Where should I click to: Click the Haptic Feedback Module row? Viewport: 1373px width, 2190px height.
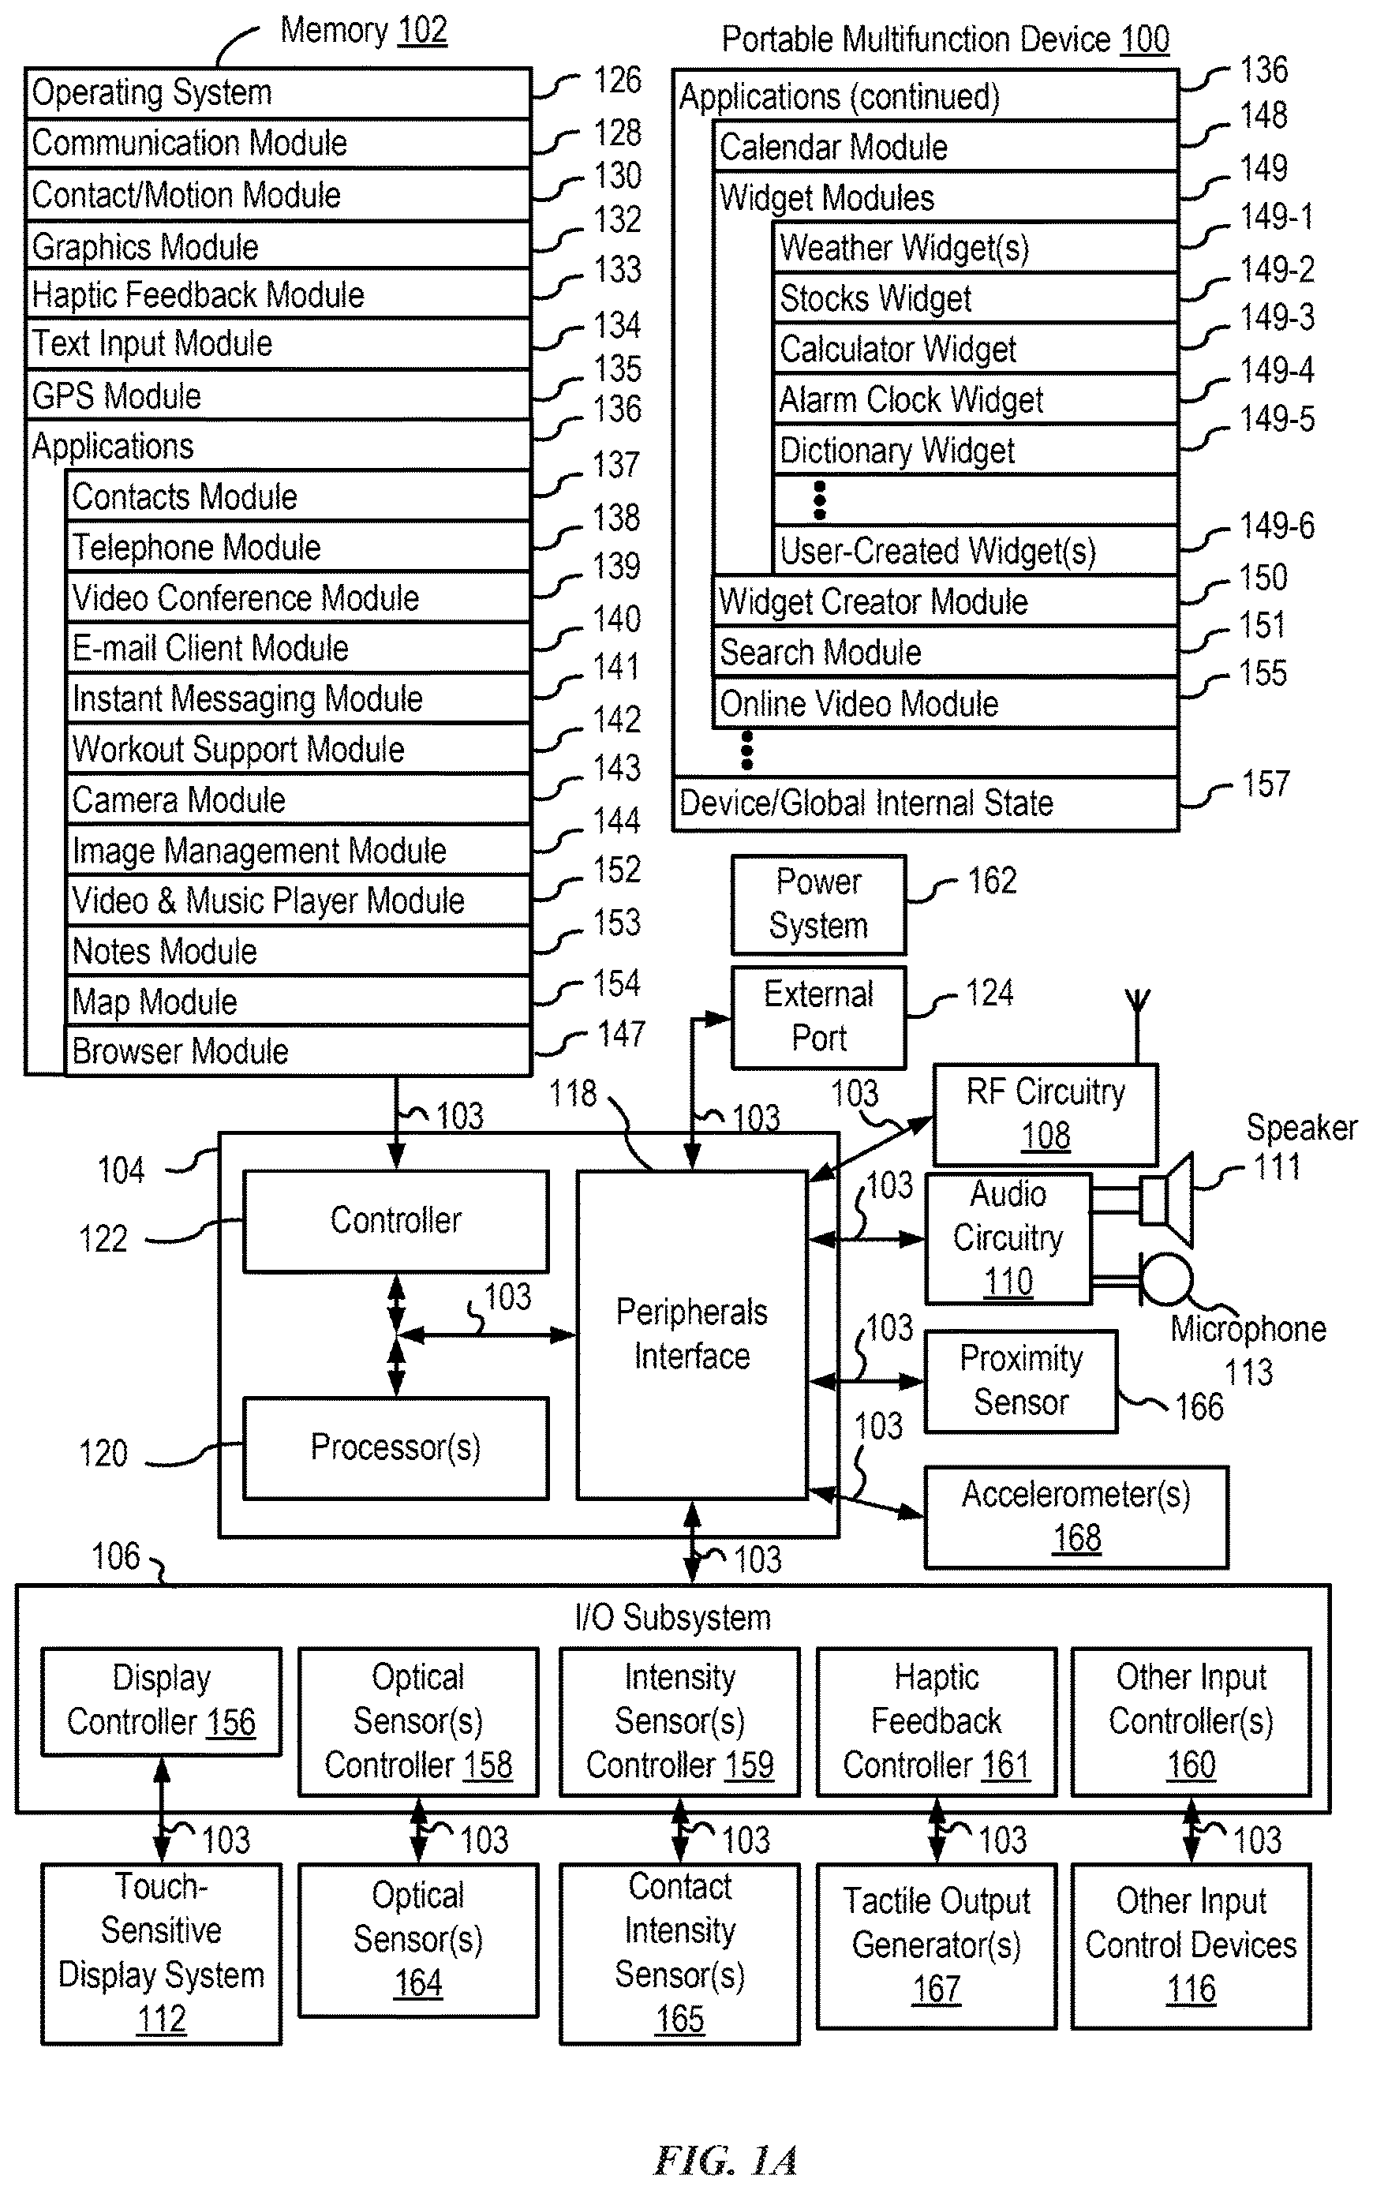click(278, 294)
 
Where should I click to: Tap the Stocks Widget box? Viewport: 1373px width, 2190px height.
click(976, 298)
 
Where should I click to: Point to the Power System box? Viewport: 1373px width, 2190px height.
click(818, 904)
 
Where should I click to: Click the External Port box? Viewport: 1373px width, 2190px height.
click(818, 1017)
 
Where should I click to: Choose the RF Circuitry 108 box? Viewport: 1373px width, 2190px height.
click(1046, 1114)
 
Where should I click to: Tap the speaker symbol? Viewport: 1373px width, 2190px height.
click(1166, 1200)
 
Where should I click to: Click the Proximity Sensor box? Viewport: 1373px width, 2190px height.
click(1020, 1381)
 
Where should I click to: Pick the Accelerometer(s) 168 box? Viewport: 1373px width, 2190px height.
click(1076, 1517)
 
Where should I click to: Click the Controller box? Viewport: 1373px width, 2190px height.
click(396, 1220)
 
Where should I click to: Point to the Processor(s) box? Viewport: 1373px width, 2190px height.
click(396, 1447)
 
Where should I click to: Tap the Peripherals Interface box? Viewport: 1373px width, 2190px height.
click(692, 1335)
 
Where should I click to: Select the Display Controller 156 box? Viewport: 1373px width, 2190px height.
click(162, 1701)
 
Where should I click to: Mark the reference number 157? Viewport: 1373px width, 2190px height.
click(1266, 784)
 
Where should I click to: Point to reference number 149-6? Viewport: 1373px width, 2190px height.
click(1277, 526)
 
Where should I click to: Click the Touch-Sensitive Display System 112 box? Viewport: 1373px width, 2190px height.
click(162, 1954)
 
